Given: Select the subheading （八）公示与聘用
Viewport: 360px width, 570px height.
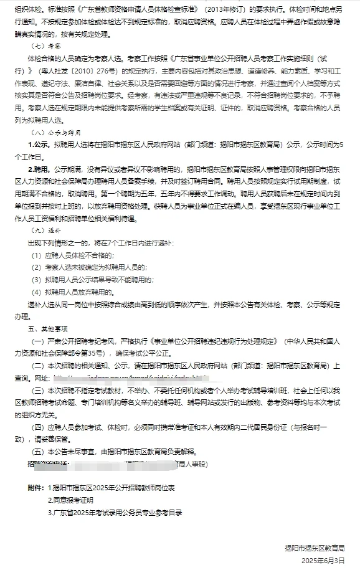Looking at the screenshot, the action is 51,133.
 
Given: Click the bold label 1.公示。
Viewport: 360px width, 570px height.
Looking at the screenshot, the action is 39,144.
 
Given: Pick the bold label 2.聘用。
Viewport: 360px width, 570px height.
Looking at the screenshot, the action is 39,169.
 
